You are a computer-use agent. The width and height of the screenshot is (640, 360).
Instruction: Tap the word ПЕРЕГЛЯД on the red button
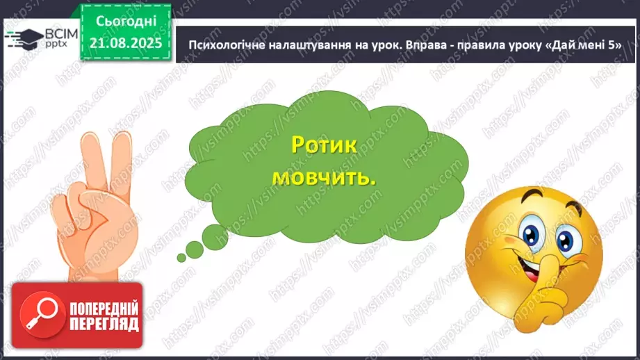click(104, 324)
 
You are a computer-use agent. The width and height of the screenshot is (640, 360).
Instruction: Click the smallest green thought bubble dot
click(181, 258)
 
